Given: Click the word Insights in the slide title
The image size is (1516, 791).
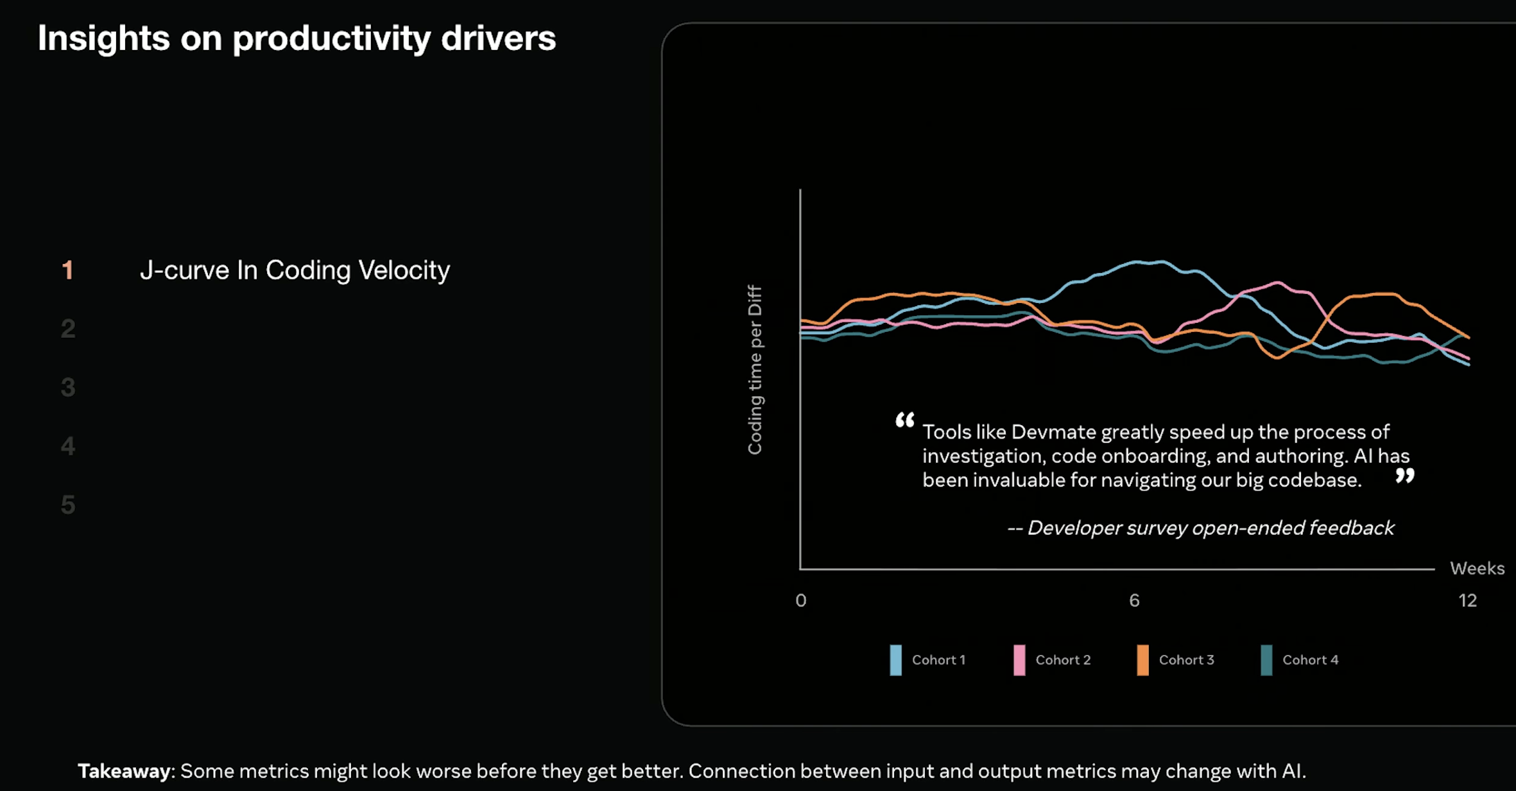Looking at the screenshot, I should pyautogui.click(x=103, y=39).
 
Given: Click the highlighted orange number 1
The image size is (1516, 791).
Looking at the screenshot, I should pyautogui.click(x=67, y=270).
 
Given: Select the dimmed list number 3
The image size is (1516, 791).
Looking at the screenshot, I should pyautogui.click(x=68, y=388).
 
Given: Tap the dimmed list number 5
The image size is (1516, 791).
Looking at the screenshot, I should pyautogui.click(x=68, y=505).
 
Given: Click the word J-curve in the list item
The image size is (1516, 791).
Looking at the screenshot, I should pyautogui.click(x=184, y=270).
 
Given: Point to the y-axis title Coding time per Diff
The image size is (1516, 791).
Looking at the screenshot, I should pyautogui.click(x=755, y=370).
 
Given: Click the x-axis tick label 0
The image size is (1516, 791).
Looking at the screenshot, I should pyautogui.click(x=800, y=600).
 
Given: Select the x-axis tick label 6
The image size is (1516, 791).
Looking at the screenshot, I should pyautogui.click(x=1134, y=600).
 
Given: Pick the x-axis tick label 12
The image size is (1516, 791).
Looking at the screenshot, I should pyautogui.click(x=1467, y=600).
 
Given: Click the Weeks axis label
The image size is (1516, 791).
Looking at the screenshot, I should pyautogui.click(x=1477, y=568).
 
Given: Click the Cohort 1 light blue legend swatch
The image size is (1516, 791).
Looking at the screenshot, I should pyautogui.click(x=895, y=660).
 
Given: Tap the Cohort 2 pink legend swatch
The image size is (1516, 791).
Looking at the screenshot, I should pyautogui.click(x=1019, y=660).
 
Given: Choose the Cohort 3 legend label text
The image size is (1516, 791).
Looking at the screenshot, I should pyautogui.click(x=1186, y=660).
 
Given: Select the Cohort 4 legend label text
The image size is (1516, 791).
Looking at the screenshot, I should pyautogui.click(x=1310, y=660).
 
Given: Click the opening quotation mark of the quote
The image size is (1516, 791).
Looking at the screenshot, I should pyautogui.click(x=905, y=421).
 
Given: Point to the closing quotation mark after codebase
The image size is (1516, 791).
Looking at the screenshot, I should pyautogui.click(x=1404, y=476).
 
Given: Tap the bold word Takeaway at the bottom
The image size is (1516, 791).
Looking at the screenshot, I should pyautogui.click(x=125, y=771).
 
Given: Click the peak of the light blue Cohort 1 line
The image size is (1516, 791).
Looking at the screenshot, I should pyautogui.click(x=1149, y=262).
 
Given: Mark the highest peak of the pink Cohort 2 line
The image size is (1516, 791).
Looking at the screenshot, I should pyautogui.click(x=1279, y=282).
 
